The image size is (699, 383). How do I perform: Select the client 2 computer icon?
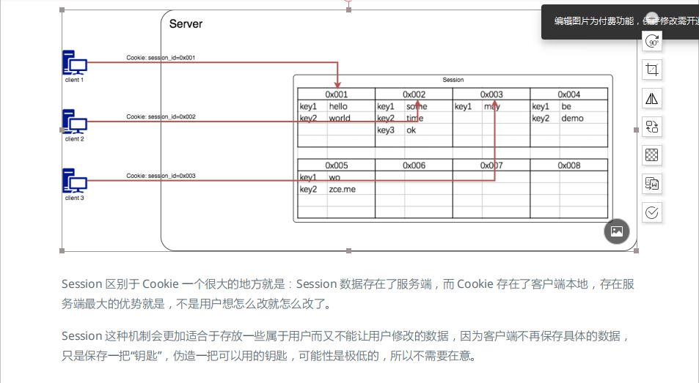coord(74,122)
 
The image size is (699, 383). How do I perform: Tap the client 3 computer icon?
coord(74,181)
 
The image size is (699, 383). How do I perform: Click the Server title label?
coord(186,24)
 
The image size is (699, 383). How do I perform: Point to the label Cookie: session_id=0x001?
coord(161,57)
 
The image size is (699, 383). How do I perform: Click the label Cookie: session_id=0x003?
coord(161,176)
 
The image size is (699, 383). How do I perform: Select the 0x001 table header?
coord(336,94)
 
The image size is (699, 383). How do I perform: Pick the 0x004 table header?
coord(568,94)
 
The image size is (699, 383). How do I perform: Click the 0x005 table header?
coord(336,166)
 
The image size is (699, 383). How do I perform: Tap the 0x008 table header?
coord(568,166)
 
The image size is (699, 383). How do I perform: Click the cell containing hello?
coord(338,106)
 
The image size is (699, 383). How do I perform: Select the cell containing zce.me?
coord(342,189)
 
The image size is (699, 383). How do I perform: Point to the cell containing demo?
coord(572,118)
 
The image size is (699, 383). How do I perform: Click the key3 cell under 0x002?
coord(386,130)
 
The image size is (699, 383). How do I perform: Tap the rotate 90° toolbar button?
coord(651,42)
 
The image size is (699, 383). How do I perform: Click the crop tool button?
coord(651,70)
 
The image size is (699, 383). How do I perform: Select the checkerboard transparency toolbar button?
coord(651,155)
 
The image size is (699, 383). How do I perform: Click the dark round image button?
coord(617,231)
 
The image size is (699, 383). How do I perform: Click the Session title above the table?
coord(453,80)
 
